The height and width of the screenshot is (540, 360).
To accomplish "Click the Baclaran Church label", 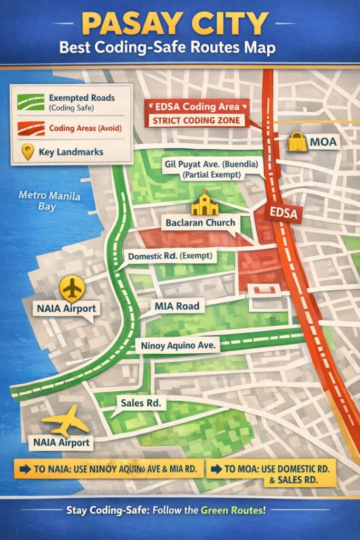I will [200, 223].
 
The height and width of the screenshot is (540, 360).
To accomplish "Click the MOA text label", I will [323, 142].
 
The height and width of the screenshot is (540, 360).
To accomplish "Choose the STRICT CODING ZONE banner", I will [196, 120].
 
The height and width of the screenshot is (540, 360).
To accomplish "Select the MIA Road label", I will [177, 306].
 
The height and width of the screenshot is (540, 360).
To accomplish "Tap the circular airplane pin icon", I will [73, 288].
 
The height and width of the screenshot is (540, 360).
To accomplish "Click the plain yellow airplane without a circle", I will [65, 420].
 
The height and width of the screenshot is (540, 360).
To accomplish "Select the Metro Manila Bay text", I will [49, 201].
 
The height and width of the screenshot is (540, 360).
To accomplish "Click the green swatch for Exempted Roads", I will [30, 102].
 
